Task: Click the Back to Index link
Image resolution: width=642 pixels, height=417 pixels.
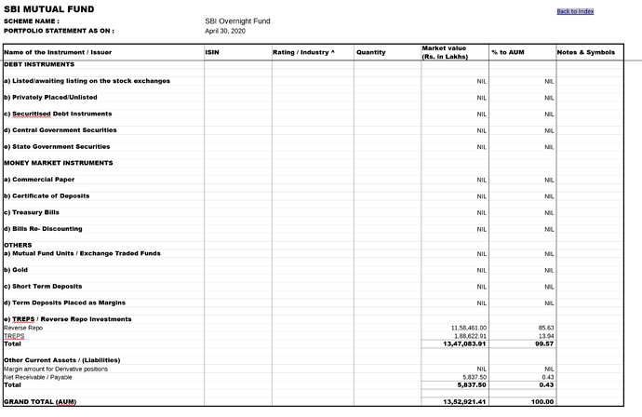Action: pos(575,11)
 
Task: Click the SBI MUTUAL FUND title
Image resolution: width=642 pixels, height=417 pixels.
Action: pos(48,8)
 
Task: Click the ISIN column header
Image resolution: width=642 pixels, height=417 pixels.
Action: pos(211,52)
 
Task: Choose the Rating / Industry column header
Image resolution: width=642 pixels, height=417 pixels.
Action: pos(303,52)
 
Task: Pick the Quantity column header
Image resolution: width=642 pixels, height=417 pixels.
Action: pos(370,52)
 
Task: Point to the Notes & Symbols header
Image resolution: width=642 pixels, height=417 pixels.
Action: pos(586,52)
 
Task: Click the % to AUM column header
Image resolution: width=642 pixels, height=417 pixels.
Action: pos(508,52)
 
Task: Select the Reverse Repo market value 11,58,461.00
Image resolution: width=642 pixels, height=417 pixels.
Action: pos(469,328)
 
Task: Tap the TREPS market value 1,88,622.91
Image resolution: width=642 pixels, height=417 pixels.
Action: pos(469,336)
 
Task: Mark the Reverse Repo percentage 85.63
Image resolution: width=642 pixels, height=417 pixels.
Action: pos(546,328)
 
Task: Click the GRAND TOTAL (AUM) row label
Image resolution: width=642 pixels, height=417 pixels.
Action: pos(40,402)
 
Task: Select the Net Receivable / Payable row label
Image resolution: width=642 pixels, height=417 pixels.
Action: pos(38,377)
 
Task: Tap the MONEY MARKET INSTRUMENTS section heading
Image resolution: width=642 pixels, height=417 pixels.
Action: pos(59,163)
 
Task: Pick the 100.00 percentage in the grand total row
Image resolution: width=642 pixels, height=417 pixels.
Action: pos(543,402)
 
